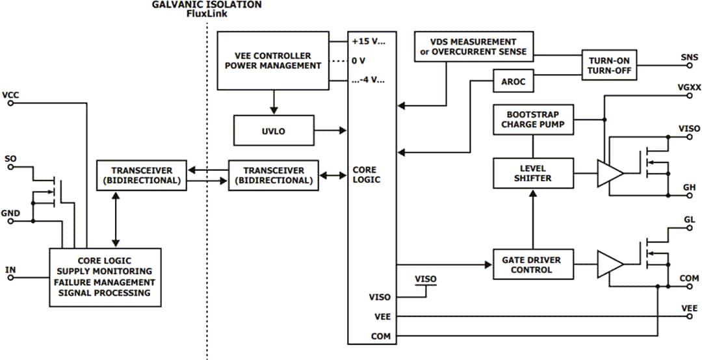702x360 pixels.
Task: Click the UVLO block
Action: [x=273, y=131]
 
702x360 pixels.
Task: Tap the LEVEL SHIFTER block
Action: [x=532, y=173]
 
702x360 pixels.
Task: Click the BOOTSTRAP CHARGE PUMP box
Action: [x=533, y=119]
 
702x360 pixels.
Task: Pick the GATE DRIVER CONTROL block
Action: [x=531, y=264]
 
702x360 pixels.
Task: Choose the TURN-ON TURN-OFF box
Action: [x=609, y=66]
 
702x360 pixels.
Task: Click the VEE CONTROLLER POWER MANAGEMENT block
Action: [x=273, y=60]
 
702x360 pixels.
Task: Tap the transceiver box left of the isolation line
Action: [x=141, y=175]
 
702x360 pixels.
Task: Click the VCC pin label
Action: [x=10, y=95]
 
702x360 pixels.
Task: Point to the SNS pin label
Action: [x=689, y=57]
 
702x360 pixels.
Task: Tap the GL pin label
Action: [x=690, y=220]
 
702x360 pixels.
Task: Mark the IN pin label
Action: [x=10, y=269]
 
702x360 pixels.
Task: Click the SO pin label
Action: [x=10, y=158]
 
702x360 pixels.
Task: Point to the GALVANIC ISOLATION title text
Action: [x=207, y=5]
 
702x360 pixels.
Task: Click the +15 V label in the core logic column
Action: [x=368, y=40]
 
